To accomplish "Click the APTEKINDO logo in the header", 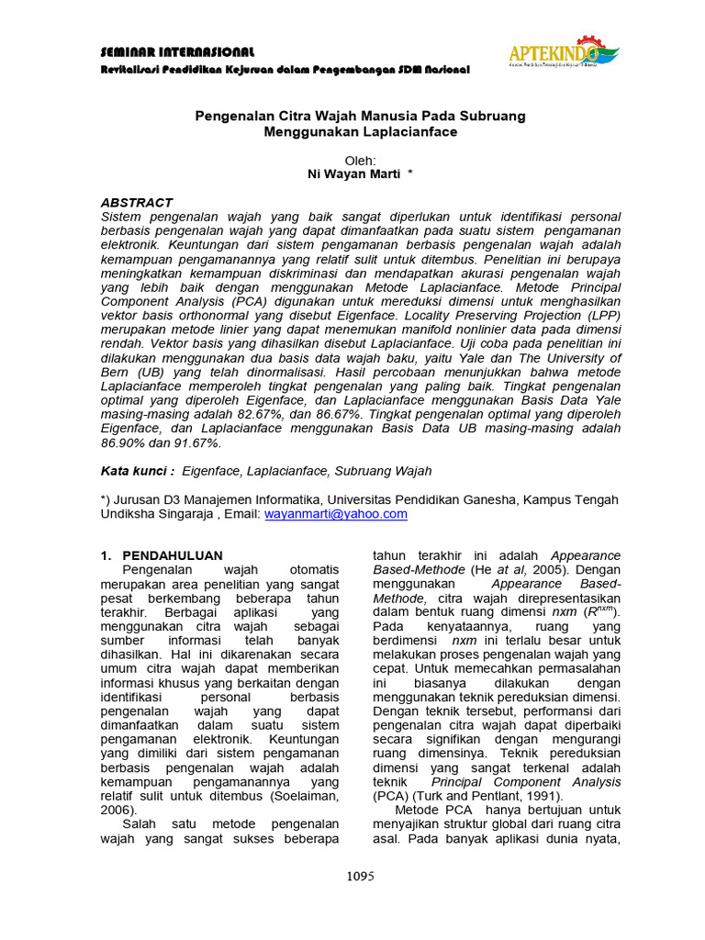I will tap(562, 55).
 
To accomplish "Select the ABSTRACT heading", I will tap(136, 202).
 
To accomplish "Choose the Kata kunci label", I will tap(137, 471).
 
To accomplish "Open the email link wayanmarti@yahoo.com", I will tap(335, 514).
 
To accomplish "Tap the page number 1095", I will tap(360, 876).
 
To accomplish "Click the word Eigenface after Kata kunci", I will tap(212, 471).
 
